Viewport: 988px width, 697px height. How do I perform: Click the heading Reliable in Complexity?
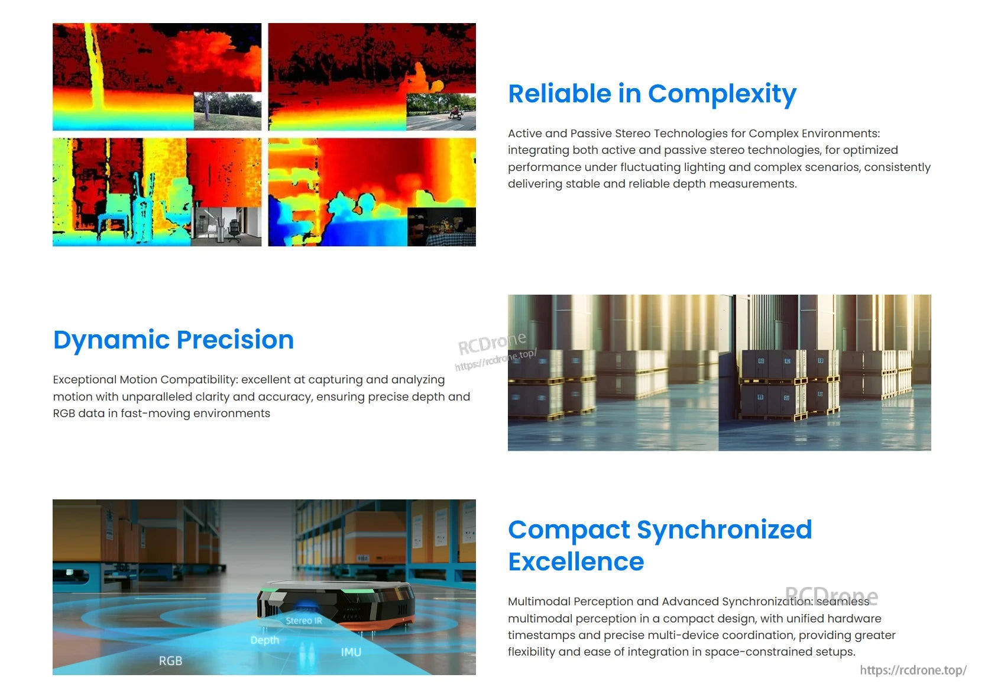tap(652, 94)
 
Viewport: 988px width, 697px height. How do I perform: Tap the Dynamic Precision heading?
tap(173, 340)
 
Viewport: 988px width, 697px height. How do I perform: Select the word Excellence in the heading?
tap(576, 562)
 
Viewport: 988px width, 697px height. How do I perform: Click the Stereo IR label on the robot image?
tap(304, 621)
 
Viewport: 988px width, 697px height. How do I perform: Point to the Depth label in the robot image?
tap(264, 640)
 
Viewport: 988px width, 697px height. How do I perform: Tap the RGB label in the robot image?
tap(170, 661)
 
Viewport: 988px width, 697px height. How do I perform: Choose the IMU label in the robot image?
tap(351, 652)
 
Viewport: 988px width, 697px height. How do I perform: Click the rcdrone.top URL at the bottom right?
tap(913, 670)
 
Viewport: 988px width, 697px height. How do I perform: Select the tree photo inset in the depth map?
tap(228, 111)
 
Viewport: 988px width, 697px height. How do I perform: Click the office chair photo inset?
tap(226, 226)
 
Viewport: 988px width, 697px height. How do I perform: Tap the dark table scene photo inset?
tap(442, 227)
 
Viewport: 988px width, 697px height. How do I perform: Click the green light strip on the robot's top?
tap(355, 590)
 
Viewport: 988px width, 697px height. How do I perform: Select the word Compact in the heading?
tap(569, 530)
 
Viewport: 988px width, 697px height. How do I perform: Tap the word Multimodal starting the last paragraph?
tap(539, 602)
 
